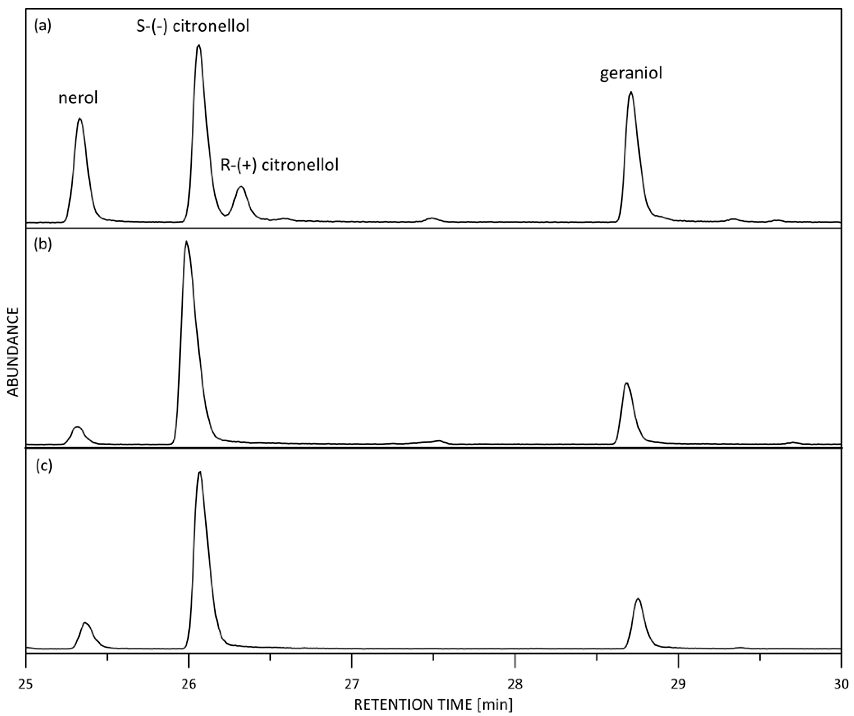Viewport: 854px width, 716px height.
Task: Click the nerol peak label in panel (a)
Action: [x=78, y=98]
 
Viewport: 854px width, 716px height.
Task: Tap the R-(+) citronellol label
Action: [x=279, y=165]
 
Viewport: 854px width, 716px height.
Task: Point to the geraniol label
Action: [x=631, y=74]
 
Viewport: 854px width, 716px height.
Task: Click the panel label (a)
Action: [x=43, y=26]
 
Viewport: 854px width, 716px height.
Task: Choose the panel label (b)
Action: [x=43, y=245]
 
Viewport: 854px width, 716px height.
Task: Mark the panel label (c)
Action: [x=44, y=466]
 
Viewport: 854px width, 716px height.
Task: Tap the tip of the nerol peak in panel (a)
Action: [x=80, y=119]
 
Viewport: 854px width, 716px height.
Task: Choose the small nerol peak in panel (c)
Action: [x=85, y=623]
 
